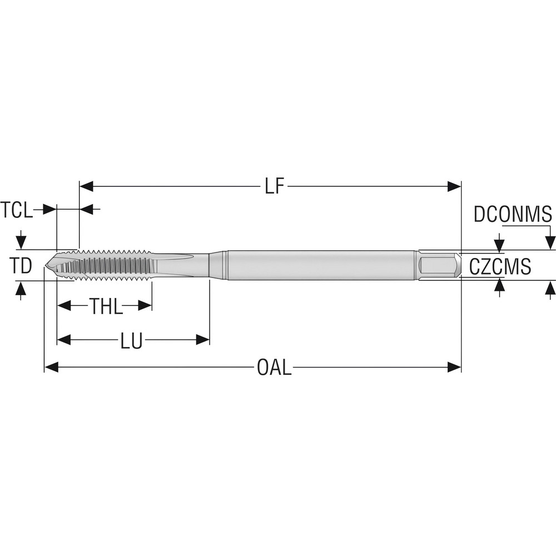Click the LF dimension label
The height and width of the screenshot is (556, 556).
click(274, 187)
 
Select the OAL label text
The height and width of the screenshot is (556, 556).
click(274, 368)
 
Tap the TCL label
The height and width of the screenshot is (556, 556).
click(16, 210)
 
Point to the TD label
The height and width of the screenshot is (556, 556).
click(21, 266)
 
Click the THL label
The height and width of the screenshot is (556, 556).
click(106, 306)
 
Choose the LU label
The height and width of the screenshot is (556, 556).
click(131, 340)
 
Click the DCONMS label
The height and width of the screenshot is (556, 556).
click(512, 214)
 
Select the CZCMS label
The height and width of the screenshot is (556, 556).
click(500, 266)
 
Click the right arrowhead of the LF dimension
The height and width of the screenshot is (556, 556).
click(454, 187)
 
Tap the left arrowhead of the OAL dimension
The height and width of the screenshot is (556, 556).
click(51, 367)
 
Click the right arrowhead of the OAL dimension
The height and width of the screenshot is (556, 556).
click(454, 367)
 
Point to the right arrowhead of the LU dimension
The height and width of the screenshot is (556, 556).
click(202, 340)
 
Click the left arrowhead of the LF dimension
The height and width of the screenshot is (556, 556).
click(87, 187)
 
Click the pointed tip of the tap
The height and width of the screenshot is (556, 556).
click(46, 266)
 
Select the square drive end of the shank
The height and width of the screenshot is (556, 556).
click(439, 266)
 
